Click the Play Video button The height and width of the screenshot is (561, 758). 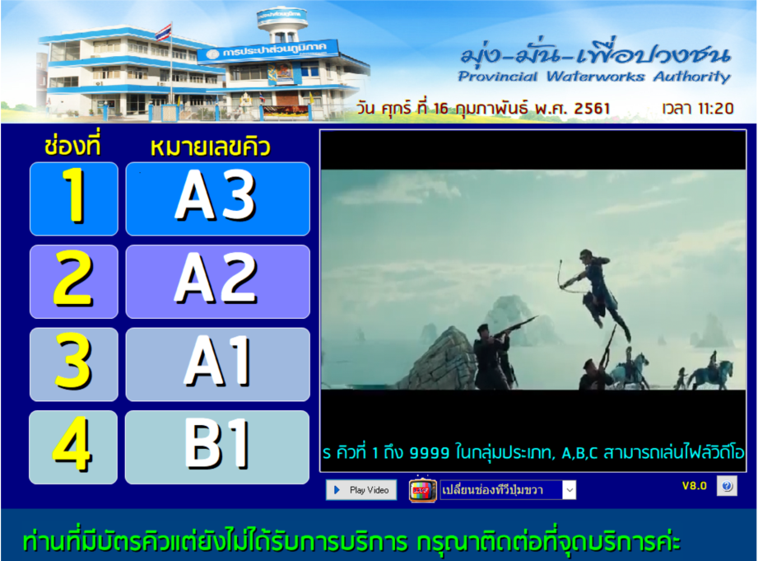tap(360, 490)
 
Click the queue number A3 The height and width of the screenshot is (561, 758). tap(217, 199)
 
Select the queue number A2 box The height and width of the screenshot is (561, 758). tap(217, 282)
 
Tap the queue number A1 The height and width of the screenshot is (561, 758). tap(217, 364)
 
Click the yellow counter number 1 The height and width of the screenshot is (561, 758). tap(74, 199)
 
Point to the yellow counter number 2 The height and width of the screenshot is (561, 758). tap(74, 282)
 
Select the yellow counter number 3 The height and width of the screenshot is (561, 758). tap(74, 364)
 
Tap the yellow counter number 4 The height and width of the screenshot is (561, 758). tap(74, 446)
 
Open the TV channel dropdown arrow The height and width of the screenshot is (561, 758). tap(569, 490)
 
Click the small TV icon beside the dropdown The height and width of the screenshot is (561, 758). tap(423, 489)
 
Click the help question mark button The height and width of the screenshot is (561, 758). tap(727, 486)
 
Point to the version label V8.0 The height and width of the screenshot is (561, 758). tap(694, 486)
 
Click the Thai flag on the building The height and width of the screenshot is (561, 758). tap(164, 32)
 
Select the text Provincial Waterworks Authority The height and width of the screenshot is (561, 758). tap(593, 77)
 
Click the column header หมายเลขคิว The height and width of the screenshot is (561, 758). tap(211, 147)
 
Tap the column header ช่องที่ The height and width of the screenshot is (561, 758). tap(72, 147)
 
